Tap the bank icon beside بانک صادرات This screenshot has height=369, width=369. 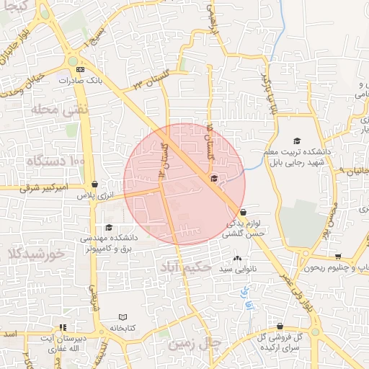[80, 69]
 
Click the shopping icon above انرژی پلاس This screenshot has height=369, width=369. [95, 184]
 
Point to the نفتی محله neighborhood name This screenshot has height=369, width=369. [49, 110]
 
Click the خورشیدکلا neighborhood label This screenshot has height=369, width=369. [34, 254]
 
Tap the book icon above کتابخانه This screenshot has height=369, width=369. [123, 317]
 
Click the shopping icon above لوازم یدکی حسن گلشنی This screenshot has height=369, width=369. [243, 212]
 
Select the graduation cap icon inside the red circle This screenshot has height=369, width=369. [213, 178]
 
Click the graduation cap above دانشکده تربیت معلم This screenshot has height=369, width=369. [296, 141]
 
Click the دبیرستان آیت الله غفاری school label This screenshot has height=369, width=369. [58, 343]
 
